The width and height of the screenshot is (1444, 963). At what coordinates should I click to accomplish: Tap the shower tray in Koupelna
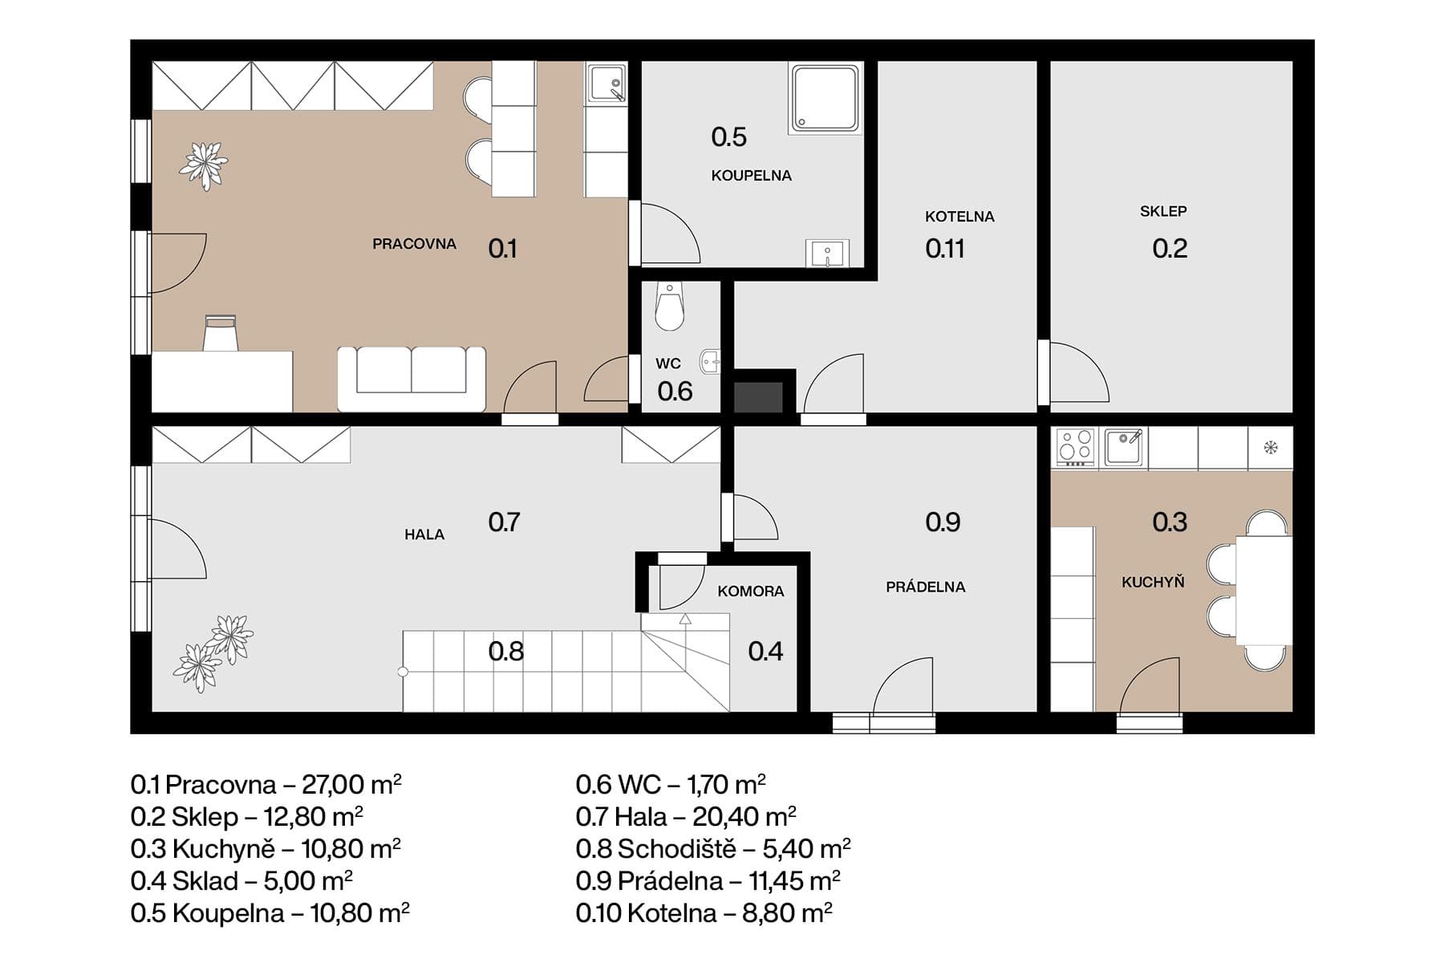(x=825, y=99)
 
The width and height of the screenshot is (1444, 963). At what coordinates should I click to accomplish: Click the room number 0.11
(x=944, y=249)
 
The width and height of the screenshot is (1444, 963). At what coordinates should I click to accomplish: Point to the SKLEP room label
(x=1162, y=211)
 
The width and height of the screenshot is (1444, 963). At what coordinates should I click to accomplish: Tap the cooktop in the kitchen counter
(x=1076, y=448)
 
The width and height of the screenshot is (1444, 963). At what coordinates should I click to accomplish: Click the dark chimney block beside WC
(x=759, y=397)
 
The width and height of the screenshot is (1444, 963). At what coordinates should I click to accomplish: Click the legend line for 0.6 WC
(x=670, y=784)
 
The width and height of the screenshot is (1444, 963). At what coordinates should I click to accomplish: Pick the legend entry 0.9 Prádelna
(x=707, y=880)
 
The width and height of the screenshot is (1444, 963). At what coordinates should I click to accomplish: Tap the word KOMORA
(x=750, y=591)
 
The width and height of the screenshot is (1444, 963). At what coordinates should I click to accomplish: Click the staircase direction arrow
(x=685, y=620)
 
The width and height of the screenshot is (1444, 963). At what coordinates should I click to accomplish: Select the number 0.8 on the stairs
(x=505, y=651)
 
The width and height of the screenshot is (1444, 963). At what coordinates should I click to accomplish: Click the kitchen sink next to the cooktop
(x=1125, y=447)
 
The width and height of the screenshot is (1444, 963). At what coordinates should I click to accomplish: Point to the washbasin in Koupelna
(x=827, y=254)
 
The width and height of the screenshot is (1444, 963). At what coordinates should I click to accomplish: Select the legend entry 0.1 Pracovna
(x=266, y=784)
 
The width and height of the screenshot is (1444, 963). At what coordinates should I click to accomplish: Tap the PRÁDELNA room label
(x=925, y=587)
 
